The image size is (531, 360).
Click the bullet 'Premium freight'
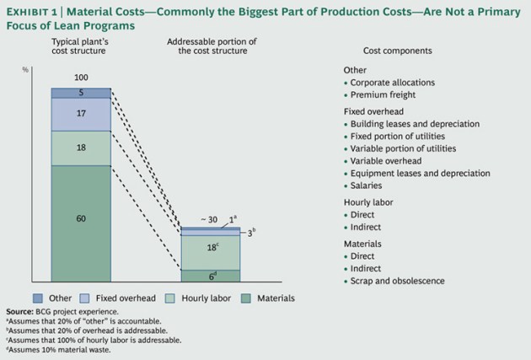click(x=381, y=96)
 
